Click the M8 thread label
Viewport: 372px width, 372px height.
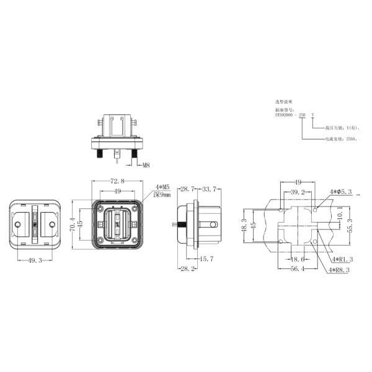pos(146,166)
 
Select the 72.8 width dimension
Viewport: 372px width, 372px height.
pos(117,181)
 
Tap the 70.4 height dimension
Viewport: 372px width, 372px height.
pos(73,223)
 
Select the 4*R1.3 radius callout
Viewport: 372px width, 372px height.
pos(342,259)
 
